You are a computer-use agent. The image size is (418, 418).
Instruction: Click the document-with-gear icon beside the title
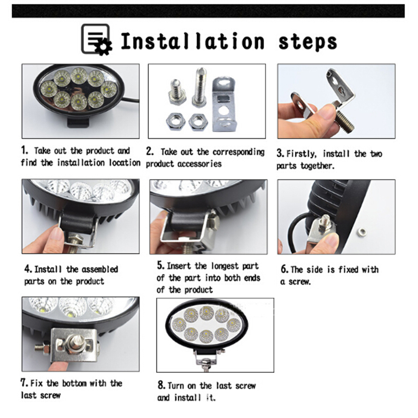click(x=96, y=39)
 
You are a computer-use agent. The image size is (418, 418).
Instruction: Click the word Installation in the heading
click(x=192, y=41)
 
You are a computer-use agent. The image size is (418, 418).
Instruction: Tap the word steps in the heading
click(x=307, y=43)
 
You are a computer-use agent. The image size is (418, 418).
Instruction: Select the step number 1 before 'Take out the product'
click(x=24, y=150)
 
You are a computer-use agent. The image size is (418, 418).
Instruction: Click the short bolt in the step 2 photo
click(x=177, y=91)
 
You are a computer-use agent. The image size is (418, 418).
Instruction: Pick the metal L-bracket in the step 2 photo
click(x=224, y=104)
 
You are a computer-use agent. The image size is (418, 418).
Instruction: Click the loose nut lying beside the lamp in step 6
click(x=362, y=232)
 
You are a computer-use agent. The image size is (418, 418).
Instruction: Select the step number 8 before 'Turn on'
click(x=161, y=385)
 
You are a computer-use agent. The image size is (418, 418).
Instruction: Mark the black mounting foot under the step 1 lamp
click(x=78, y=122)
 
